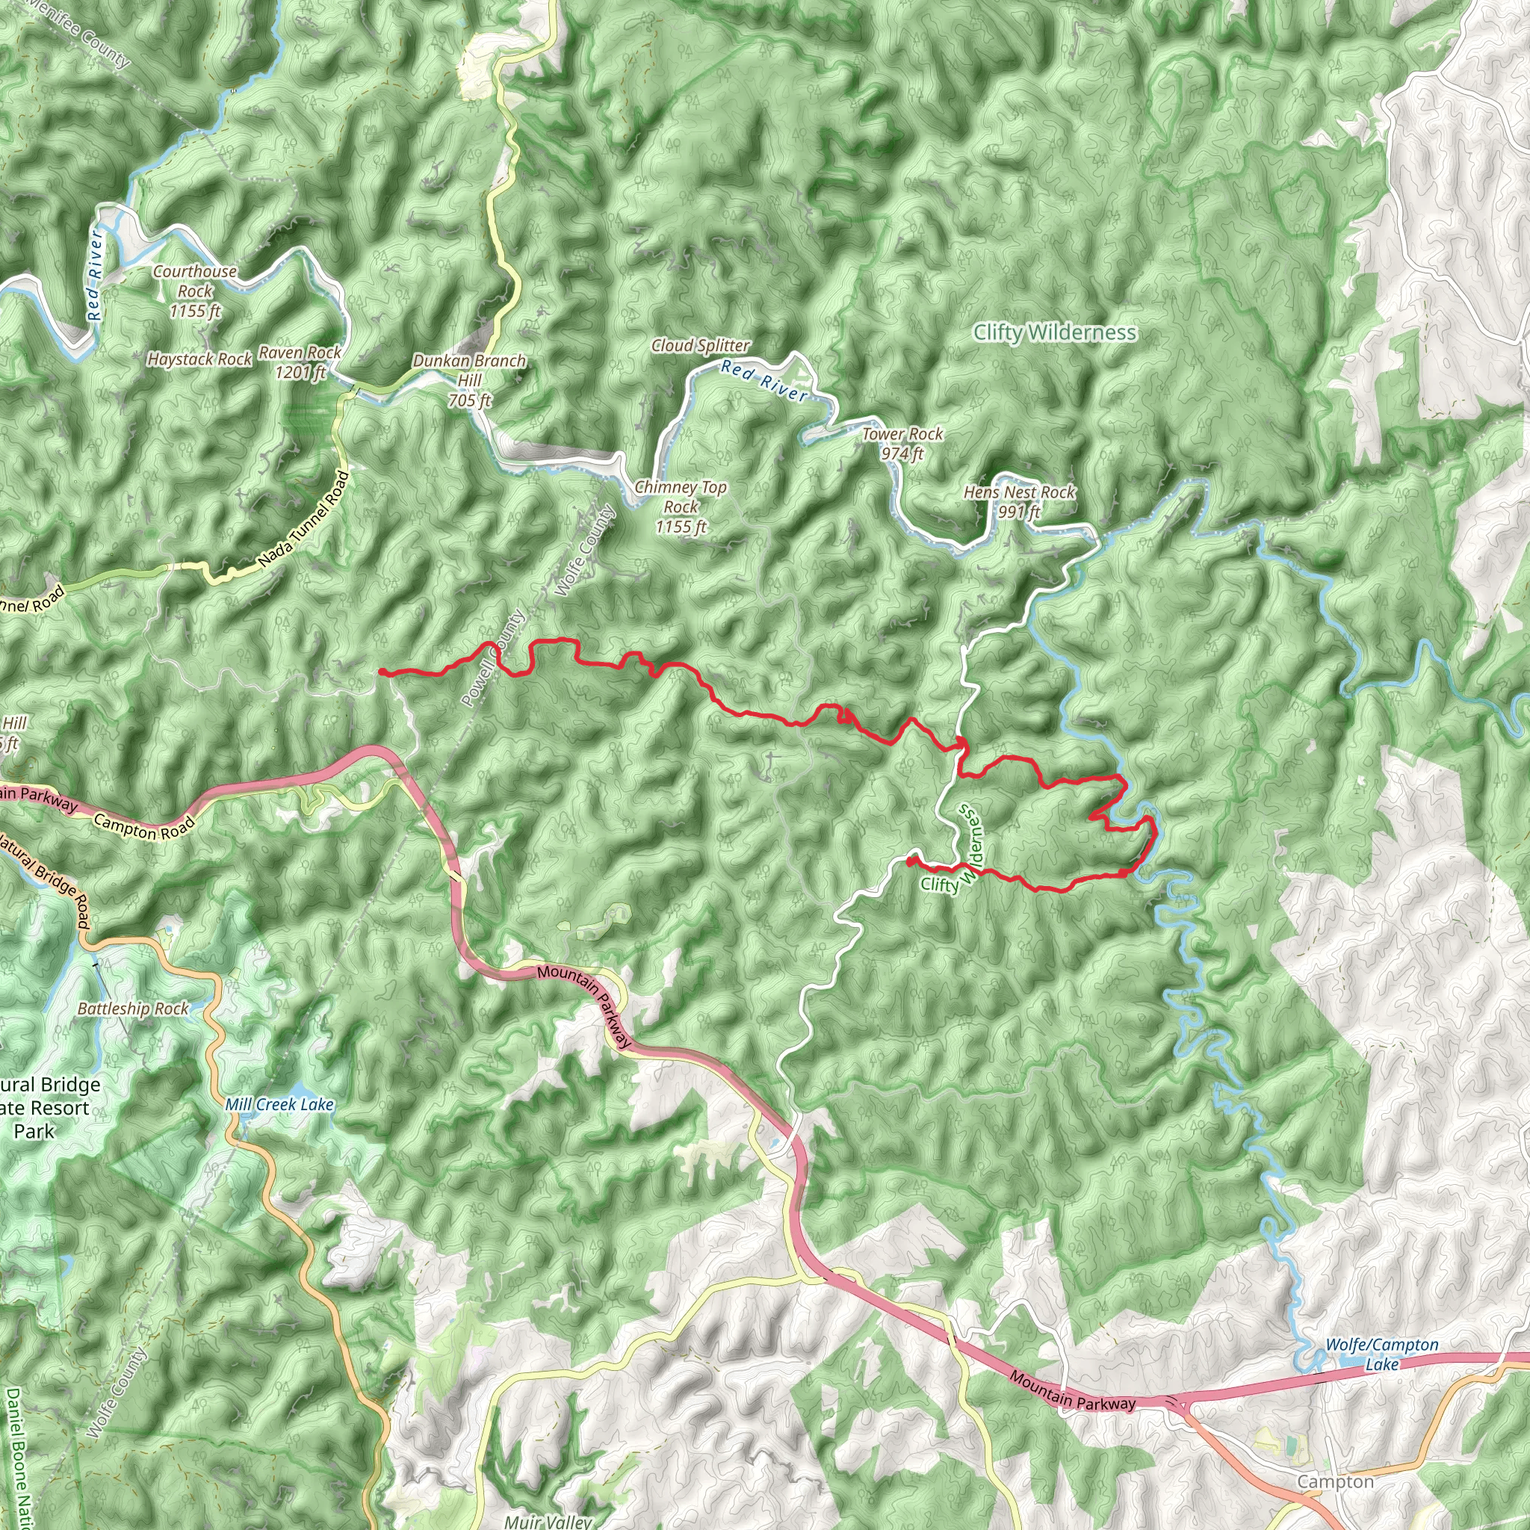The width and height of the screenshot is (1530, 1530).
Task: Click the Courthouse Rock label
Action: coord(195,291)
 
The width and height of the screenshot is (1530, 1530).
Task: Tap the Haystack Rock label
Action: coord(199,359)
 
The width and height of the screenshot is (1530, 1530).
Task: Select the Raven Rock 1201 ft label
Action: coord(300,362)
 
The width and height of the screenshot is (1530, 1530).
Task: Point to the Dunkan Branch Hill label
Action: coord(470,380)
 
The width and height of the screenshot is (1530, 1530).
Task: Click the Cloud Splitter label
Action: coord(700,345)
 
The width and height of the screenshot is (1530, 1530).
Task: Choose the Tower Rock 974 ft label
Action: coord(902,444)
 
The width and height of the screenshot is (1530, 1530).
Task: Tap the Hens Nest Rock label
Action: coord(1019,501)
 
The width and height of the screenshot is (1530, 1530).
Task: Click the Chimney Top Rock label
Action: coord(681,507)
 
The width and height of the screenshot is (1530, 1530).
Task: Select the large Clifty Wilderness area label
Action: coord(1055,332)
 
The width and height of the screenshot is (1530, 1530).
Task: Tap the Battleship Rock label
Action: coord(133,1009)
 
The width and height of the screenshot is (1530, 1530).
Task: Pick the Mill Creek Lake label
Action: coord(279,1105)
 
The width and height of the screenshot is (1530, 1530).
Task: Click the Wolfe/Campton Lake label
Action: coord(1381,1354)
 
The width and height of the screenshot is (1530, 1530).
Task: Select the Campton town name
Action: coord(1335,1481)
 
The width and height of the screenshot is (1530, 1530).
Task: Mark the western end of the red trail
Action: coord(381,672)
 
